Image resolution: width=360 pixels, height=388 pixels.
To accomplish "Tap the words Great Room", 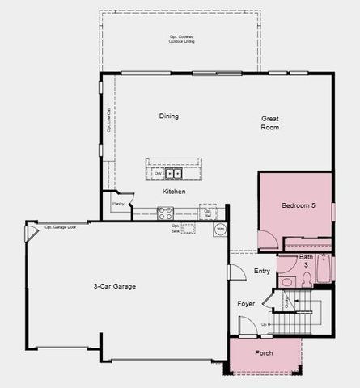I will pos(270,123).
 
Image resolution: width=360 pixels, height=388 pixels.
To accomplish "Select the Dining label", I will pos(168,116).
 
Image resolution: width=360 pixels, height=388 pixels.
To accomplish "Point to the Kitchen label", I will pos(174,192).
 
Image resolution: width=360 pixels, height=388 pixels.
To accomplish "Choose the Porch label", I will pos(264,353).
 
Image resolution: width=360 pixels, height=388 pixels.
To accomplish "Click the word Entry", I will pos(261,271).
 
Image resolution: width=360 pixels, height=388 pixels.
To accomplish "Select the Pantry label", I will pos(118,205).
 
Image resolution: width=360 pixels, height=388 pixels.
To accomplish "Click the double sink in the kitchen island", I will pos(173,172).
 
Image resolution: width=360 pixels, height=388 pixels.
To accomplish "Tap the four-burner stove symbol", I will pos(165,213).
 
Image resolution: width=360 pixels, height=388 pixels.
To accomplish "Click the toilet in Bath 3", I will pos(307,279).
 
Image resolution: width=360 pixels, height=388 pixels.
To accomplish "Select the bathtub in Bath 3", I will pos(324,268).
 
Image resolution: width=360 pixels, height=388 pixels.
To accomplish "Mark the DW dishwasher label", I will pos(157,173).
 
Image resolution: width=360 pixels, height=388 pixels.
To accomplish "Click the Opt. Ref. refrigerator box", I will pos(208,213).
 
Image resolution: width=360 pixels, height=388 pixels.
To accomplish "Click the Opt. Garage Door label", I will pos(60,226).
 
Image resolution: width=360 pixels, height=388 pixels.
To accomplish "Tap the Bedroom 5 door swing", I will pos(266,238).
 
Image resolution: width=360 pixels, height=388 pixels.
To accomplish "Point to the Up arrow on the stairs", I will pos(265,324).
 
